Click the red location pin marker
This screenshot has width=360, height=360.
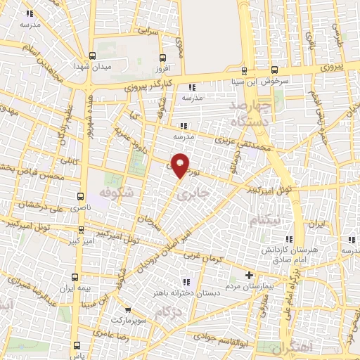181,165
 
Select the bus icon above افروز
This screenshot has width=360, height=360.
162,58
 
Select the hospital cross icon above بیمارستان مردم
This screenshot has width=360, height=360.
247,275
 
